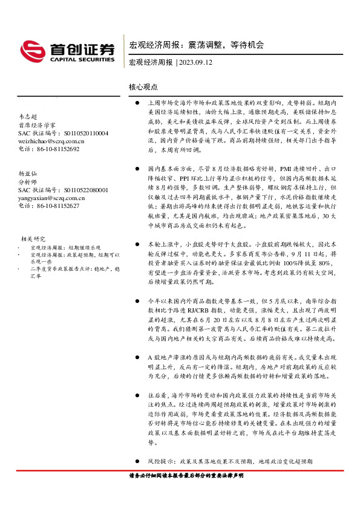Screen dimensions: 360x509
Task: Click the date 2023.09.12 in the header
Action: click(195, 63)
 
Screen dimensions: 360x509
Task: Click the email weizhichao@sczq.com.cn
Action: click(51, 141)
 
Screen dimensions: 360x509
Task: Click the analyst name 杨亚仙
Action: click(28, 173)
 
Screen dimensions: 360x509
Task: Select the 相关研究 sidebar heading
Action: click(34, 238)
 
